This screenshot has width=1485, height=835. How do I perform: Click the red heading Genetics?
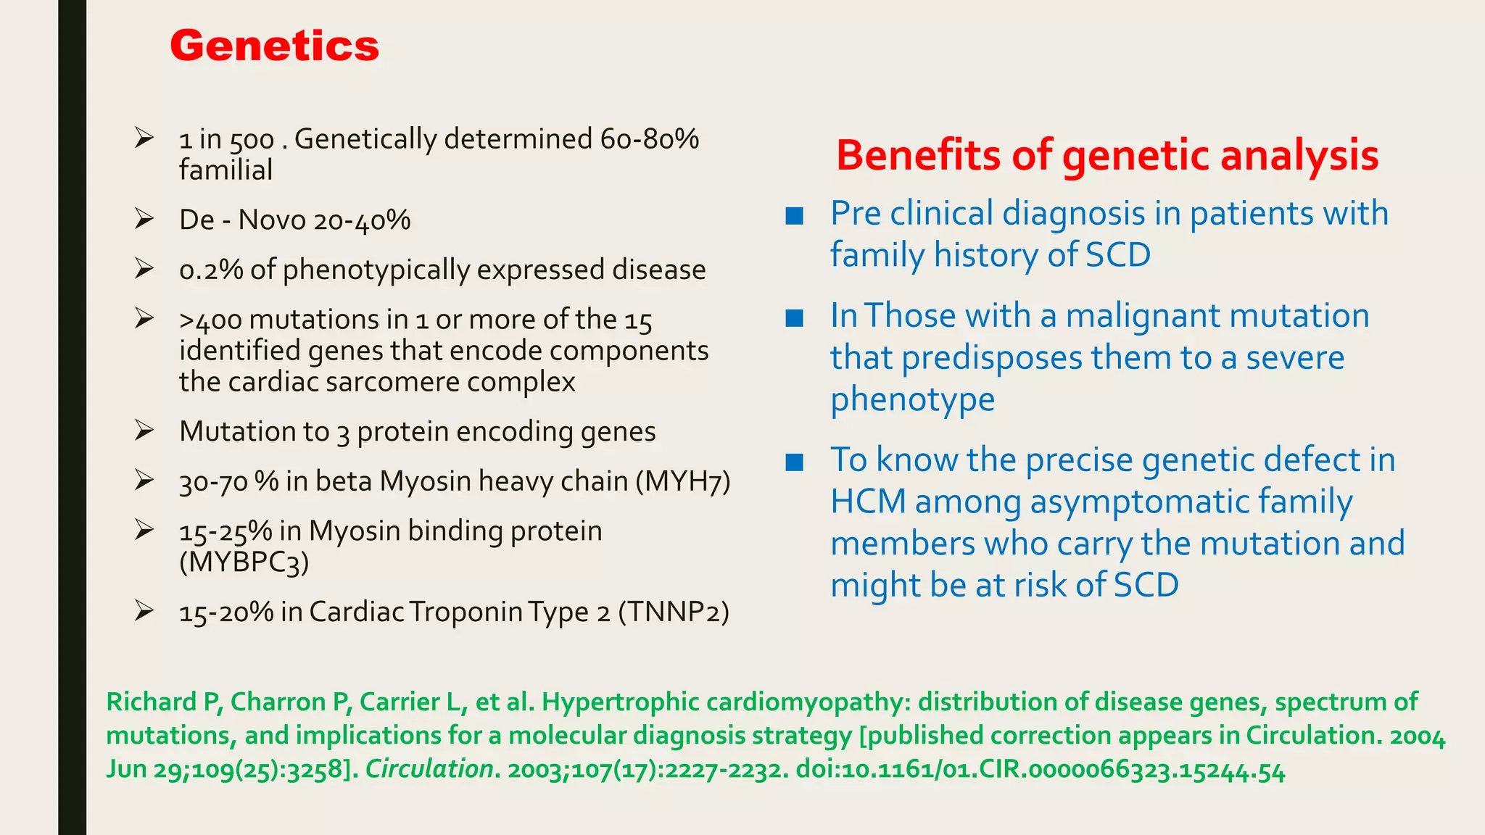click(274, 46)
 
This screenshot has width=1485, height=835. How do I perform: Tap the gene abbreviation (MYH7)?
click(682, 481)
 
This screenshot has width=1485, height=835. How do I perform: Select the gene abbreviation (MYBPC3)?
click(244, 562)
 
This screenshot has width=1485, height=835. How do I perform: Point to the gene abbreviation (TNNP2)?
click(674, 612)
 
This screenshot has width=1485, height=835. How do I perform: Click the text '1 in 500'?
click(226, 139)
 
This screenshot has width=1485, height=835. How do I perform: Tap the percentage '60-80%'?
click(649, 138)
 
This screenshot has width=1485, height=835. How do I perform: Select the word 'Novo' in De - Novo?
click(271, 220)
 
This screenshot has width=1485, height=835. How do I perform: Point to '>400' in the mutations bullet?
click(210, 320)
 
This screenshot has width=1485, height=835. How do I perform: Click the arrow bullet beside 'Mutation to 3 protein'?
click(144, 431)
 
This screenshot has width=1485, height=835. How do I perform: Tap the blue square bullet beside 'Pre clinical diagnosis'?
click(794, 215)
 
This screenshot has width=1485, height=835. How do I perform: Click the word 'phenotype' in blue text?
click(912, 400)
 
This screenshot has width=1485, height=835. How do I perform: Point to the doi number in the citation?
click(1041, 769)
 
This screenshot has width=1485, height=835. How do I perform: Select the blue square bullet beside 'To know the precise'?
click(794, 462)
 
